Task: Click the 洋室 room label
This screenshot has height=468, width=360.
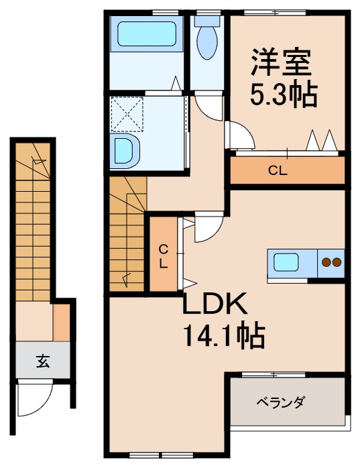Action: [281, 64]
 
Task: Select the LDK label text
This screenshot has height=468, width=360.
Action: [216, 306]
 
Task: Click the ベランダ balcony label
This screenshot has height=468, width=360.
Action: [281, 402]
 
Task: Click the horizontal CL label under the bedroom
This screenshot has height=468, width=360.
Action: [278, 170]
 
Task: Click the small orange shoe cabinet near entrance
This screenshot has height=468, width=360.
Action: [62, 323]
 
